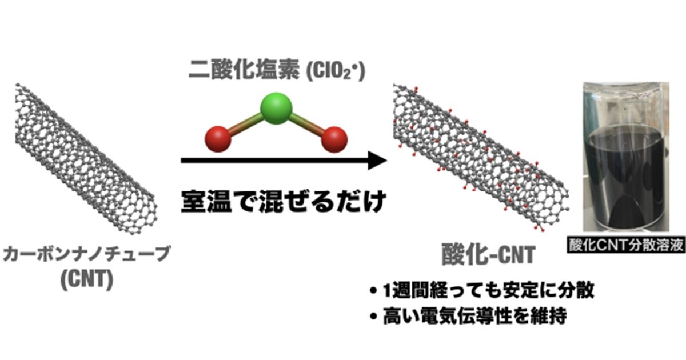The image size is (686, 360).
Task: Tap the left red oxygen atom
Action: (217, 139)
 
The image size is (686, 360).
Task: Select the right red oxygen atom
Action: (334, 139)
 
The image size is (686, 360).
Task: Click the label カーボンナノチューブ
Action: (86, 255)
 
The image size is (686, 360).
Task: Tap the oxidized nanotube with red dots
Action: (480, 157)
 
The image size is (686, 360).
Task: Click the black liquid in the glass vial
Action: (624, 177)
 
